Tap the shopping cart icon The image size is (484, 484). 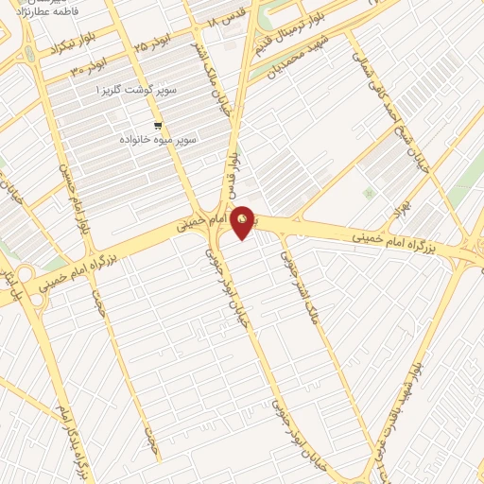[x=158, y=125]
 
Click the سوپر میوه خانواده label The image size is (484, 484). [x=158, y=139]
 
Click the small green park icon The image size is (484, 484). [x=369, y=194]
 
